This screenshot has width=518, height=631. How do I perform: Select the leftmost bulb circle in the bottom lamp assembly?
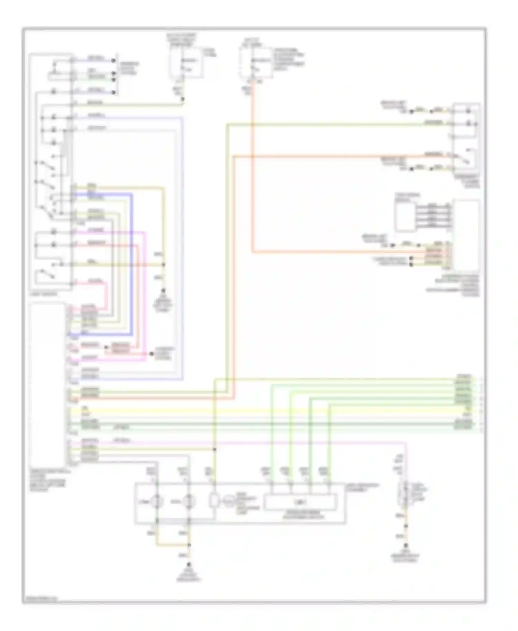(157, 501)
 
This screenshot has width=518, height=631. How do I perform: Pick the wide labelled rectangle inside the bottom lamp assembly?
(300, 502)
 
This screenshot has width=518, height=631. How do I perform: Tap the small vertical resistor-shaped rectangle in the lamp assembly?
(214, 501)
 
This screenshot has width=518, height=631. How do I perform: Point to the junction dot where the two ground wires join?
(189, 545)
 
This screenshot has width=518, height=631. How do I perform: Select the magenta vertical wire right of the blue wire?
(145, 293)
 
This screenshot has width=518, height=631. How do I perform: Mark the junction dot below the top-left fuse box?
(183, 99)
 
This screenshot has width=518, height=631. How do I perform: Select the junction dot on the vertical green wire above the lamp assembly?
(214, 449)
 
